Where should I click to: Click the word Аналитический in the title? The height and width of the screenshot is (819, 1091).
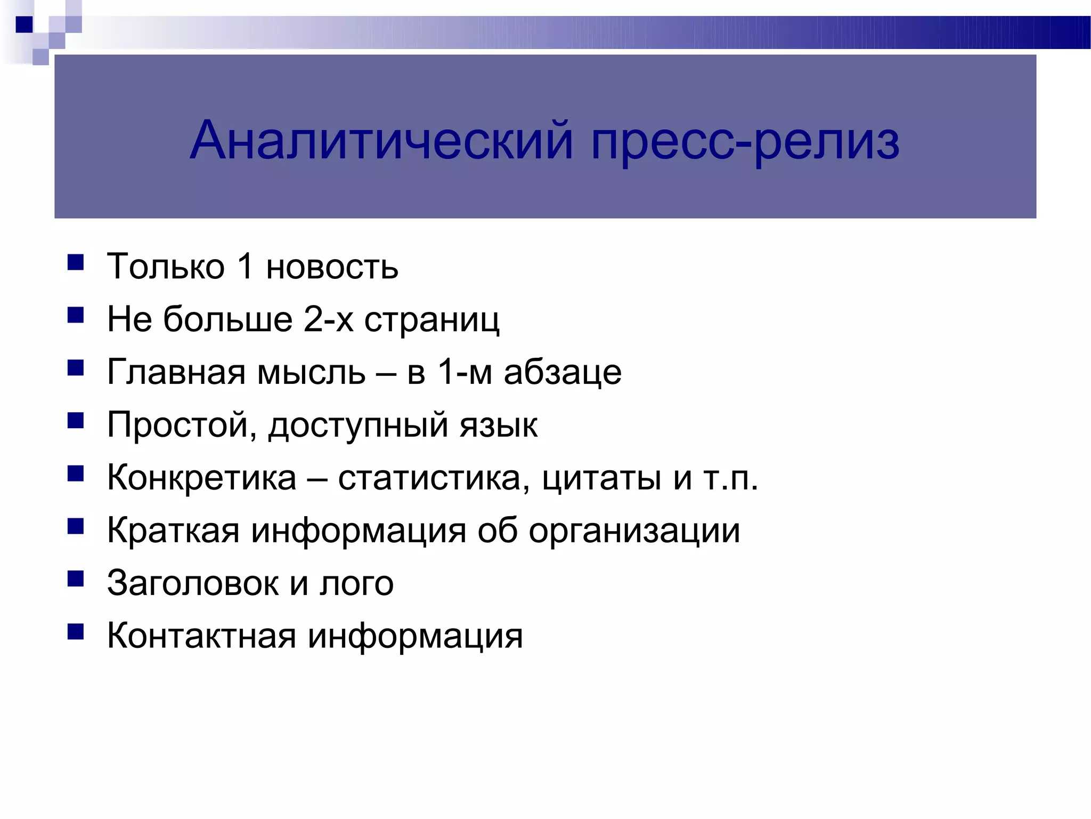(x=381, y=141)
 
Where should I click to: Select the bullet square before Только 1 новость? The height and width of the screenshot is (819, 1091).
(x=76, y=263)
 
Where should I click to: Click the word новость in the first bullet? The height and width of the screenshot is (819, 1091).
(x=332, y=266)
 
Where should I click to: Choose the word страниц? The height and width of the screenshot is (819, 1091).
(x=431, y=320)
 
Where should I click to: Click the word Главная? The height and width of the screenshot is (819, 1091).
(x=176, y=372)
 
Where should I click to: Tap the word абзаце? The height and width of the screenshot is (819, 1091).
(x=563, y=372)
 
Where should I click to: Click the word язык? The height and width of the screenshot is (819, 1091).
(x=499, y=425)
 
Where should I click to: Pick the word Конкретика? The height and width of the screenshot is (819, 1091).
(x=201, y=477)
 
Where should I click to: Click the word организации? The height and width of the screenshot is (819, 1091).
(x=634, y=531)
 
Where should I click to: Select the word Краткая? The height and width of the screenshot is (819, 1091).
(x=173, y=530)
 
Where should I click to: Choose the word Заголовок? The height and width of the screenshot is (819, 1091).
(x=192, y=583)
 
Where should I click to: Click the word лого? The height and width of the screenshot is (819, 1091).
(x=356, y=584)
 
